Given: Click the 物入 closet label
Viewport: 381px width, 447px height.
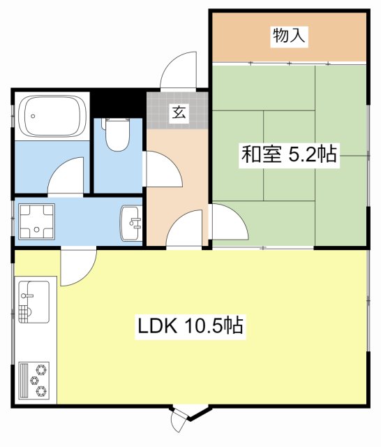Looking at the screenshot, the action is click(x=289, y=36).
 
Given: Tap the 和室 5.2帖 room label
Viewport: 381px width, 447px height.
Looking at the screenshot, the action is click(x=289, y=154).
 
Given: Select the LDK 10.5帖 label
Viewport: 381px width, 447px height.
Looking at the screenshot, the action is click(x=190, y=325).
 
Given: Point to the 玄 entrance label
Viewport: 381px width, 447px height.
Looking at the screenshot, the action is click(x=179, y=112).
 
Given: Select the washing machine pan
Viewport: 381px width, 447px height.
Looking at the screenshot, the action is click(x=36, y=221).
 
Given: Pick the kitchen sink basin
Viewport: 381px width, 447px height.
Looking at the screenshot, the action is click(x=34, y=302).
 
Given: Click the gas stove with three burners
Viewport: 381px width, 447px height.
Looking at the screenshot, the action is click(x=34, y=381).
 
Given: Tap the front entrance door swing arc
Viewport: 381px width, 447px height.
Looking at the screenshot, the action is click(x=178, y=70).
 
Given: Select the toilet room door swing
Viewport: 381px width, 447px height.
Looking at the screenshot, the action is click(x=163, y=169).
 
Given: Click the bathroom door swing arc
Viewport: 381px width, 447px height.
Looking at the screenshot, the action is click(x=66, y=177).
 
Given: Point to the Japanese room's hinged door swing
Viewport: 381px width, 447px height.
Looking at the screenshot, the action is click(x=230, y=221).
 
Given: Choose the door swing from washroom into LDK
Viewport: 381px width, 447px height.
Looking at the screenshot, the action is click(x=79, y=268).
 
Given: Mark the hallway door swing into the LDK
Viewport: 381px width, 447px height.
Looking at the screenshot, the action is click(x=184, y=229).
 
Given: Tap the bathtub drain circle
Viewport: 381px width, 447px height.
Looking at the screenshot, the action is click(x=33, y=116).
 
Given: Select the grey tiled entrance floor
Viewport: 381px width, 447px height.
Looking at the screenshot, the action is click(x=177, y=110).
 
